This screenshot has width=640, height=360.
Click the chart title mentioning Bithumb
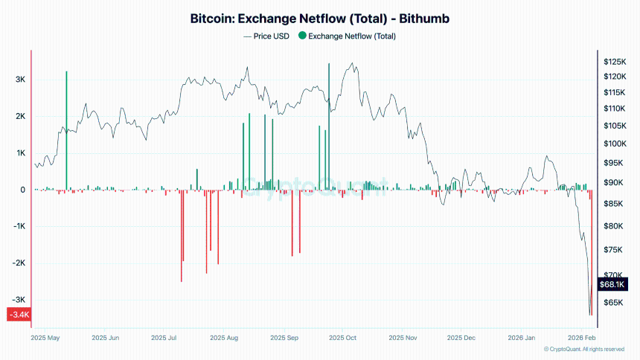[x=320, y=19]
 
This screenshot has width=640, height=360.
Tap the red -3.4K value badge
[x=18, y=315]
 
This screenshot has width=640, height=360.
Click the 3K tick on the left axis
[x=20, y=80]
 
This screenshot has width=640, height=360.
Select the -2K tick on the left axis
[x=19, y=263]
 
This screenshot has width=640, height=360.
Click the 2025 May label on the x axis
[x=45, y=338]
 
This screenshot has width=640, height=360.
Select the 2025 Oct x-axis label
[x=342, y=338]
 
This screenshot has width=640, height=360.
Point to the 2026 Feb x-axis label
[x=581, y=338]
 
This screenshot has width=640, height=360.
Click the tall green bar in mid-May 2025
[x=66, y=130]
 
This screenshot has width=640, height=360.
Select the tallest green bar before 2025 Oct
[x=328, y=126]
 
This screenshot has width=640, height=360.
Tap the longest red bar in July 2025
[x=181, y=236]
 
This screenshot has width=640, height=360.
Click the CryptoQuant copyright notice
[x=584, y=349]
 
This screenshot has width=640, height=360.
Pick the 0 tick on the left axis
[x=23, y=190]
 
